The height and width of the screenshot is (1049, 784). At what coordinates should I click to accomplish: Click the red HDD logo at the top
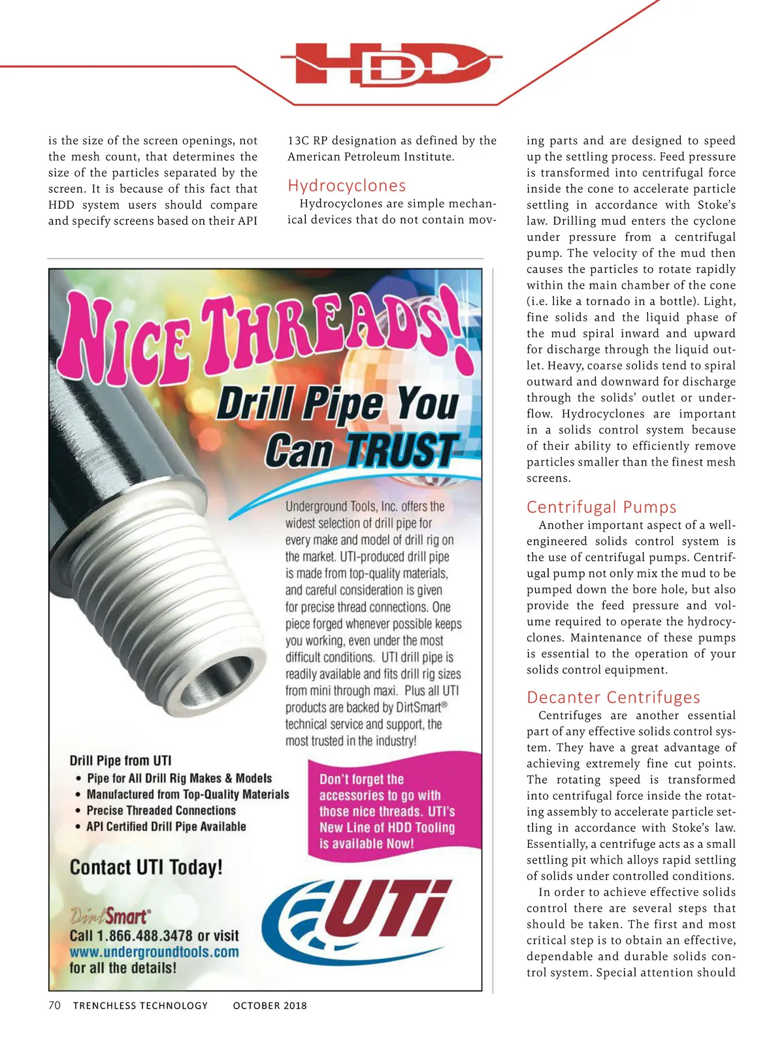click(392, 64)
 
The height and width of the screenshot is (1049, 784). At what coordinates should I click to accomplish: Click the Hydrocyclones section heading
click(346, 186)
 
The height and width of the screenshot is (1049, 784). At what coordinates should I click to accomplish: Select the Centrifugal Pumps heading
click(601, 507)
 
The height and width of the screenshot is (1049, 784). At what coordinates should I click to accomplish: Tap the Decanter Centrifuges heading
click(613, 697)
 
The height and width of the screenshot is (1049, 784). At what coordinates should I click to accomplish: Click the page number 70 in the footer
click(54, 1005)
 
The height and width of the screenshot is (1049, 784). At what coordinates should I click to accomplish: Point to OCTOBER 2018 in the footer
click(270, 1005)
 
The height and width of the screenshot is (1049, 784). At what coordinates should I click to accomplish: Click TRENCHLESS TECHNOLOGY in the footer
click(140, 1005)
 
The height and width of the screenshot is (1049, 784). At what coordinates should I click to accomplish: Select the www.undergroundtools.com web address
click(154, 952)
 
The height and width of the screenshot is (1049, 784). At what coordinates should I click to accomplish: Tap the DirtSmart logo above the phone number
click(110, 915)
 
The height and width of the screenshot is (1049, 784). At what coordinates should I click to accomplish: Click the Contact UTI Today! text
click(146, 867)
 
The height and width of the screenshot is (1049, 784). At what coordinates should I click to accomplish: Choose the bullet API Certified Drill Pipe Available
click(166, 826)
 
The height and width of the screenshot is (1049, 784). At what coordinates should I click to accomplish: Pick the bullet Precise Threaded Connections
click(161, 810)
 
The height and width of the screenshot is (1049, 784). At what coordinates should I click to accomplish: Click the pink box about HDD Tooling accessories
click(392, 810)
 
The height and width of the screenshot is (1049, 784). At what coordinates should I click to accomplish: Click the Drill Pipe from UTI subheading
click(120, 760)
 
